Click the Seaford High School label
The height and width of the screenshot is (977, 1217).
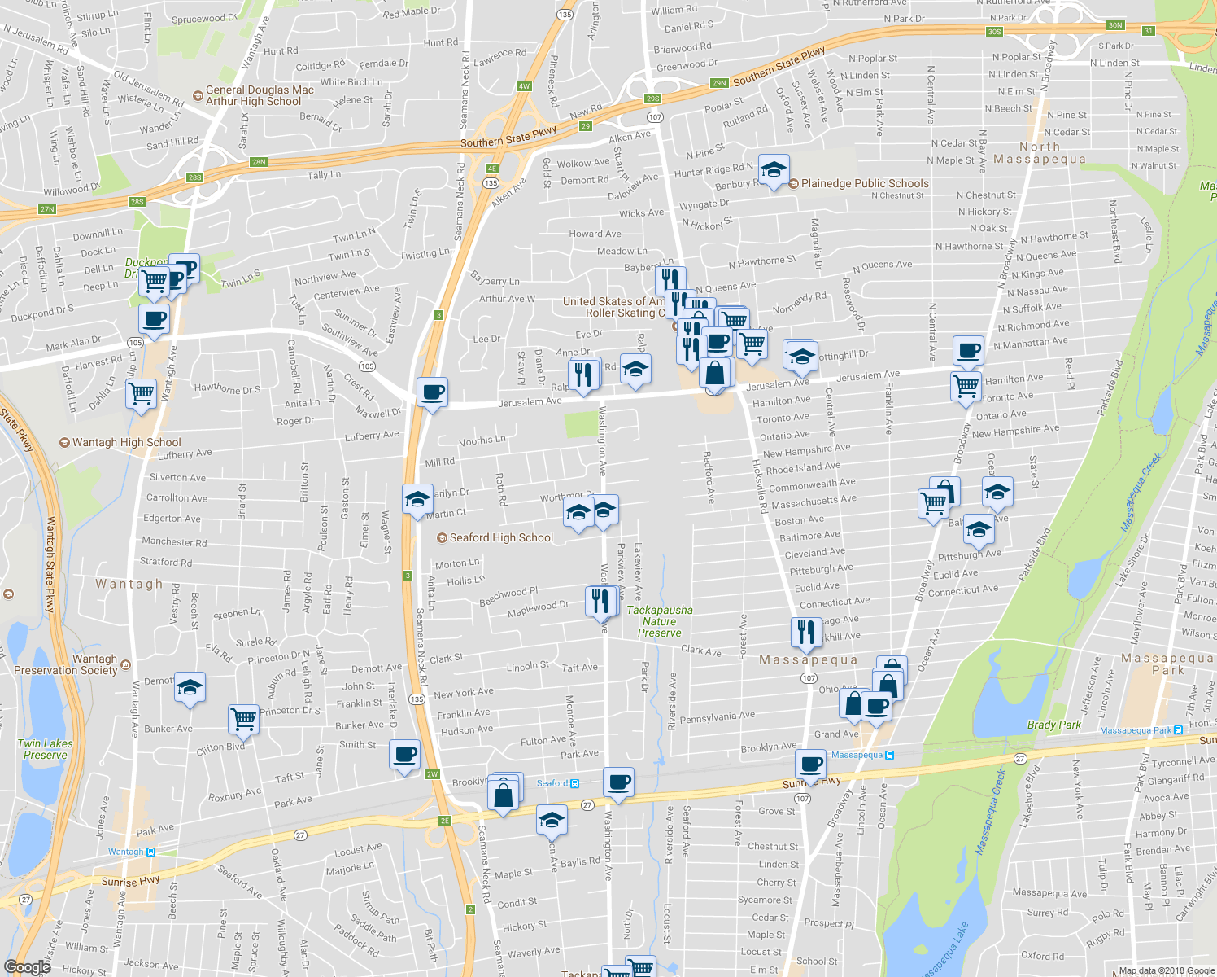[501, 537]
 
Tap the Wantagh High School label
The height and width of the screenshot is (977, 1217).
[126, 442]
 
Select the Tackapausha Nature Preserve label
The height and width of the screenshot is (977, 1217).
[660, 621]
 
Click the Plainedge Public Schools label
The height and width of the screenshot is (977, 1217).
[864, 183]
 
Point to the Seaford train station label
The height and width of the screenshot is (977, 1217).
[552, 783]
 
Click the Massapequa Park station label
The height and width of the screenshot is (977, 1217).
[1135, 730]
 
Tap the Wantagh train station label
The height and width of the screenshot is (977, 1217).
[126, 852]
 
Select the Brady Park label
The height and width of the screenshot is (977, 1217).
[1054, 725]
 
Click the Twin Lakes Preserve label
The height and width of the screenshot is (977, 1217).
[46, 749]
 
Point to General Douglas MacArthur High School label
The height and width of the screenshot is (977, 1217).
[259, 96]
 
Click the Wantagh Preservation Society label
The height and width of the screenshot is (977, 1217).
[67, 664]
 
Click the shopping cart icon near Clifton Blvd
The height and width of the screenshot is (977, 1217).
[243, 719]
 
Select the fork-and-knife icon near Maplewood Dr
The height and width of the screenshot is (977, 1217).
[600, 601]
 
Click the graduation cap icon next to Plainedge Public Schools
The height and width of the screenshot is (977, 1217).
[773, 169]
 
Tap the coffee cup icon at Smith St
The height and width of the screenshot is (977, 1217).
[404, 755]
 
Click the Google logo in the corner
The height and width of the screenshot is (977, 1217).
[27, 966]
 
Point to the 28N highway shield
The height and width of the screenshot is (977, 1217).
[259, 162]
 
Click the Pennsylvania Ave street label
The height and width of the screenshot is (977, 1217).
[718, 717]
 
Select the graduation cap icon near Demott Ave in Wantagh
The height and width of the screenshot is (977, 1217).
[190, 688]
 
